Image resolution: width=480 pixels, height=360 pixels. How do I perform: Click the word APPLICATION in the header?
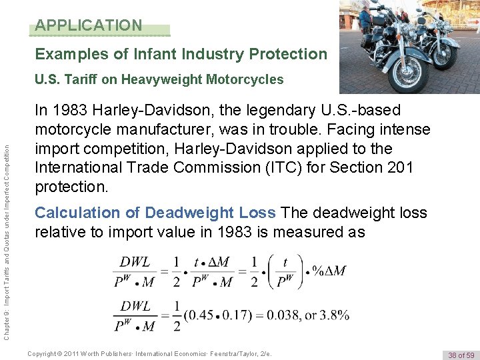[x=89, y=25]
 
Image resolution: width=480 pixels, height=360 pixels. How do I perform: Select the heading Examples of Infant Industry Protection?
[x=181, y=54]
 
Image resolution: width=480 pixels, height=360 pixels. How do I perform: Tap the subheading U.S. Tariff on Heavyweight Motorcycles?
[x=159, y=80]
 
